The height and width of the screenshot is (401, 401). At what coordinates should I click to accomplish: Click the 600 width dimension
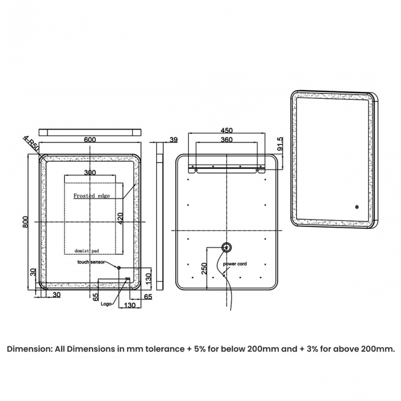[x=90, y=139]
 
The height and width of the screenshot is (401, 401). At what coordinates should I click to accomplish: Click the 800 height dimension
[x=25, y=222]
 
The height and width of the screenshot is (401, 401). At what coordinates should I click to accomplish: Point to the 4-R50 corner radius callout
[x=31, y=144]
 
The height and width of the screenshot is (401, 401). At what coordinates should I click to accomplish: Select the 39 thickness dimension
[x=173, y=139]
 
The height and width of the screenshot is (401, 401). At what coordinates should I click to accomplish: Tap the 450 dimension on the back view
[x=226, y=130]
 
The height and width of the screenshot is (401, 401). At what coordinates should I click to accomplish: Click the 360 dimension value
[x=226, y=139]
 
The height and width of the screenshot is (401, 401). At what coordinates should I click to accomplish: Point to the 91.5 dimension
[x=280, y=144]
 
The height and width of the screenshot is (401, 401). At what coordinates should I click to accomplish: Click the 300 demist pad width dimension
[x=90, y=173]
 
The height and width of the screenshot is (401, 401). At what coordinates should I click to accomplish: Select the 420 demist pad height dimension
[x=120, y=219]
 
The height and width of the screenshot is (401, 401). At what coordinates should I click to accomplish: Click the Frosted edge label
[x=92, y=196]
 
